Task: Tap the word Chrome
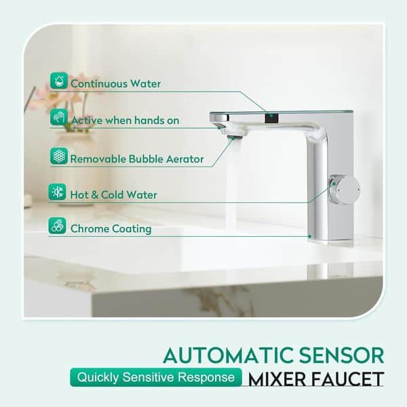[88, 229]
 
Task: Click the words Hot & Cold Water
[113, 195]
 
